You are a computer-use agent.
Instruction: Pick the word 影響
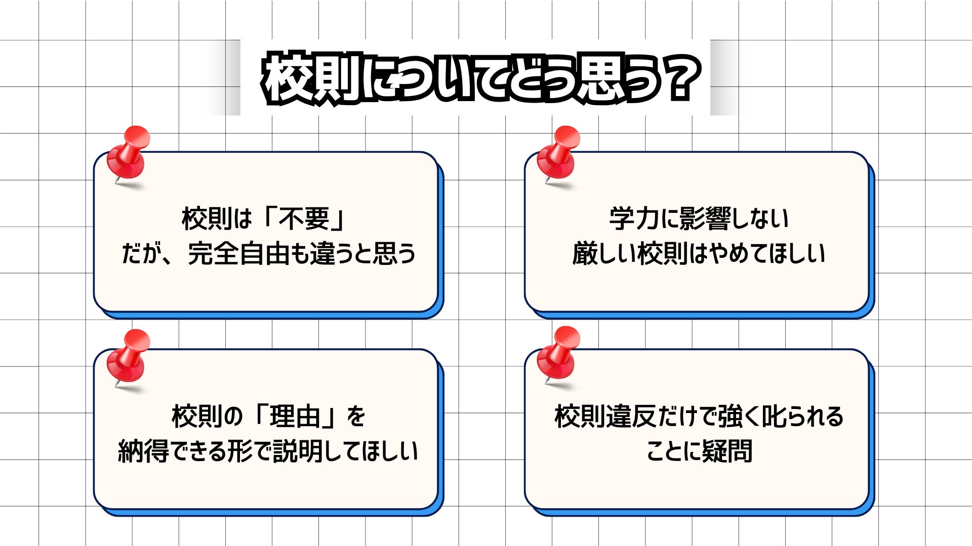pos(705,219)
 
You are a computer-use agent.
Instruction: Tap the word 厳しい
pos(603,253)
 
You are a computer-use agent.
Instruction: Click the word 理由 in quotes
pos(295,417)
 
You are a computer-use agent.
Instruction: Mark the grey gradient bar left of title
pos(223,78)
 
